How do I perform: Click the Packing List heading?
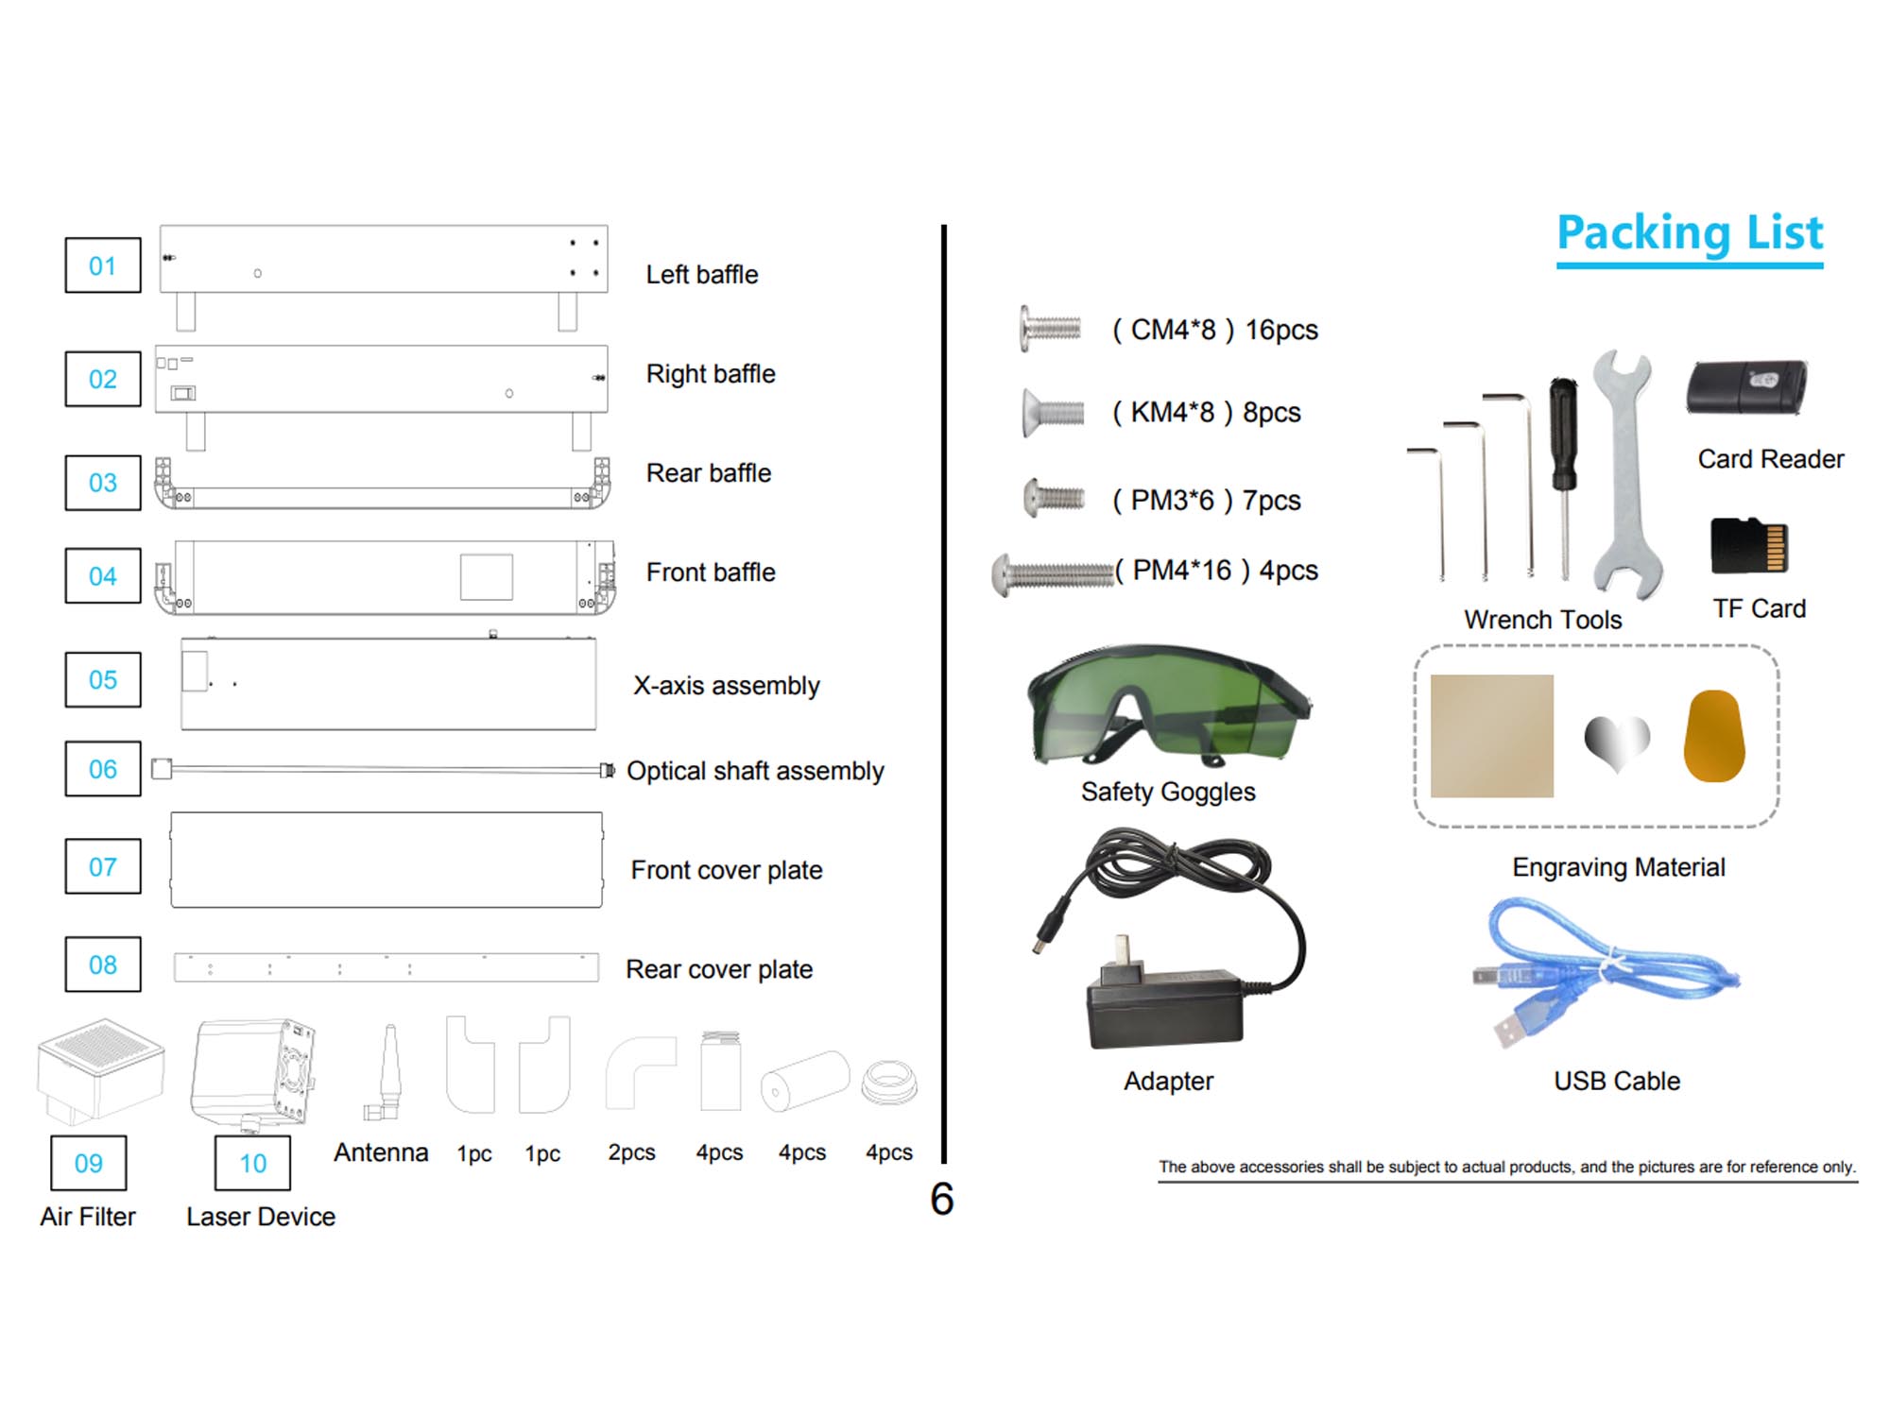pyautogui.click(x=1690, y=233)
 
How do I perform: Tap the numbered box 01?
pyautogui.click(x=103, y=265)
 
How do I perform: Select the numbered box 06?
pyautogui.click(x=103, y=769)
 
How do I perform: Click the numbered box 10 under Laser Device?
pyautogui.click(x=252, y=1163)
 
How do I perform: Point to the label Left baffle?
pyautogui.click(x=702, y=275)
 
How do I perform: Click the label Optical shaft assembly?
pyautogui.click(x=755, y=771)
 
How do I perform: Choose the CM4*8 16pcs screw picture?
pyautogui.click(x=1050, y=328)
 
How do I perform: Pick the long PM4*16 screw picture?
pyautogui.click(x=1053, y=573)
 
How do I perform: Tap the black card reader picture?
pyautogui.click(x=1747, y=387)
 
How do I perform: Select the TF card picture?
pyautogui.click(x=1749, y=545)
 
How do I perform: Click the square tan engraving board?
pyautogui.click(x=1492, y=736)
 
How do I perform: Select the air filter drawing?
pyautogui.click(x=100, y=1068)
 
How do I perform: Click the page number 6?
pyautogui.click(x=942, y=1199)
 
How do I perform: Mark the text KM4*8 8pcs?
pyautogui.click(x=1206, y=413)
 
